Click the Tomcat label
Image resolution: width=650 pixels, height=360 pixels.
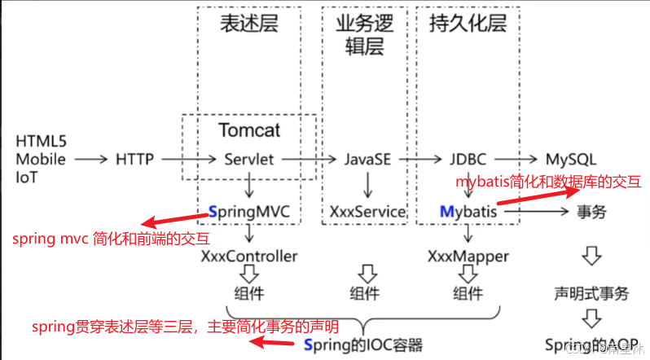(x=249, y=130)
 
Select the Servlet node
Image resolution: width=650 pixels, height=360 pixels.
(x=248, y=159)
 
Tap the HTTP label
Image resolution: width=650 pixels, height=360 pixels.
(x=134, y=159)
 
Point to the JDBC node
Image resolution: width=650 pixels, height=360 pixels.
(x=468, y=159)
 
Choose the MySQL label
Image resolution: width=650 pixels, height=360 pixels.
(x=570, y=159)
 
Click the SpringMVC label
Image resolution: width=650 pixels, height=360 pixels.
(x=249, y=212)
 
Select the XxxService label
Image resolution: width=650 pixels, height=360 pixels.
(x=367, y=212)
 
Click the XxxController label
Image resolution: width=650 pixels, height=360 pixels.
(x=248, y=257)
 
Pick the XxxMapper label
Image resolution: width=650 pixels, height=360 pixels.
(x=468, y=257)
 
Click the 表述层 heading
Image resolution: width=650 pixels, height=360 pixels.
(x=248, y=24)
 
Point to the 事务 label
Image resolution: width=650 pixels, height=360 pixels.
(x=591, y=212)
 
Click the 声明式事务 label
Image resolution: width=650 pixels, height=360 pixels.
(x=591, y=294)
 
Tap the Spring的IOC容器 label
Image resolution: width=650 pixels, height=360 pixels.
(x=362, y=345)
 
